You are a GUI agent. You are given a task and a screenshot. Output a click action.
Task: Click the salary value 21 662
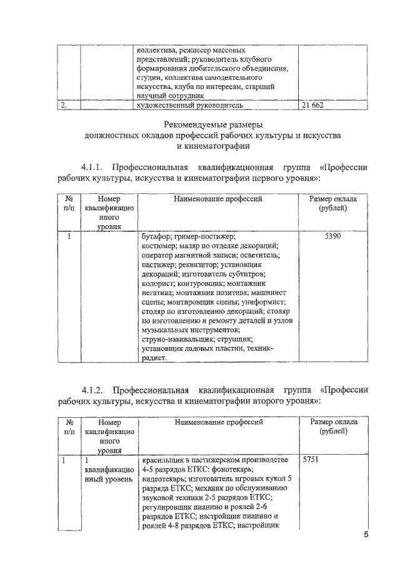312,106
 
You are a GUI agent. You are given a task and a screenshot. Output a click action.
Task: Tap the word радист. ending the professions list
155,358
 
